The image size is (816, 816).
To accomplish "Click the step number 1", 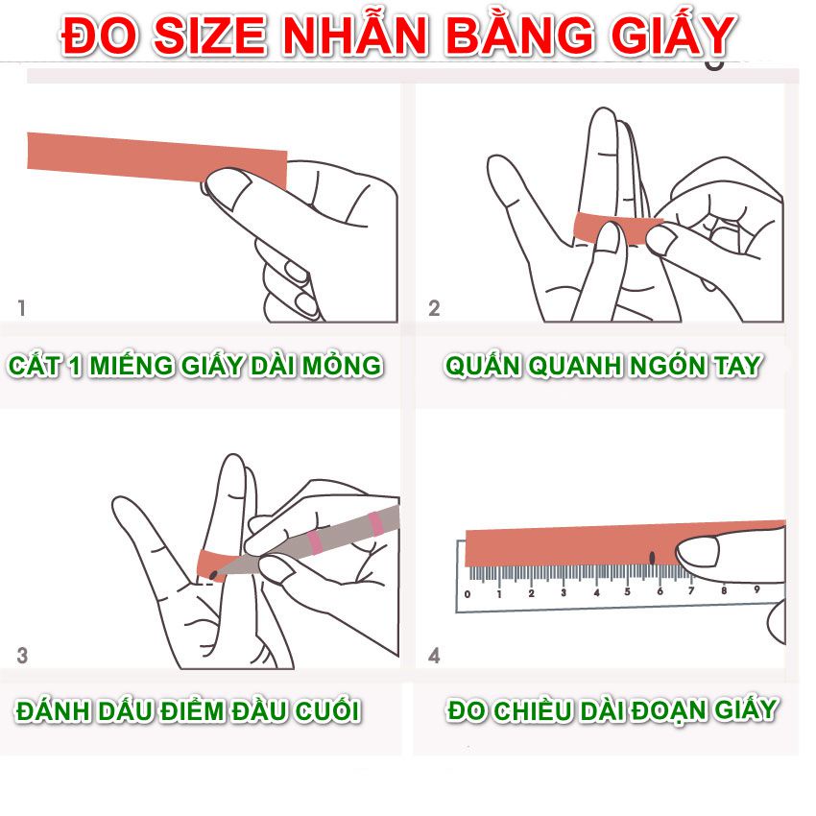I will [x=22, y=308].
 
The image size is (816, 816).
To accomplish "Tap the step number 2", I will [x=434, y=308].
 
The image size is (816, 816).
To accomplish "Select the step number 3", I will [x=22, y=656].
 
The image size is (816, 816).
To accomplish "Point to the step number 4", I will [x=434, y=656].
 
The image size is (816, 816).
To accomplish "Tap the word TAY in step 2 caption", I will [x=734, y=366].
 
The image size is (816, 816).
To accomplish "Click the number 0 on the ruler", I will [x=468, y=593].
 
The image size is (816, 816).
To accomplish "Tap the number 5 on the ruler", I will [x=627, y=592].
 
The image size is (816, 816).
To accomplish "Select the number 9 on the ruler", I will [x=756, y=589].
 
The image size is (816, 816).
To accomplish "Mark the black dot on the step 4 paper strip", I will [x=652, y=557].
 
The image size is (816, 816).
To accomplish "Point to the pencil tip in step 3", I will [x=213, y=575].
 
